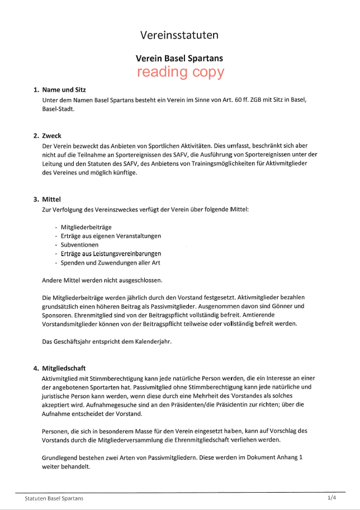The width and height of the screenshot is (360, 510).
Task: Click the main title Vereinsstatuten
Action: [x=179, y=36]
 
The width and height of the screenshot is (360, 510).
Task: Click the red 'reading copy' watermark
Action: [x=180, y=72]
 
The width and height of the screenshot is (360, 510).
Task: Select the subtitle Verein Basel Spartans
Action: [x=179, y=58]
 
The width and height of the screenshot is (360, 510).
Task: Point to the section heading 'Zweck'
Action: [x=52, y=136]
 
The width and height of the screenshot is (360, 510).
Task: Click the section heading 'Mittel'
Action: [x=51, y=199]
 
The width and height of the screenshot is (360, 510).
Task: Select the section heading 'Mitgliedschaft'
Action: [x=64, y=368]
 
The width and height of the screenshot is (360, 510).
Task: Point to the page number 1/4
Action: [x=332, y=497]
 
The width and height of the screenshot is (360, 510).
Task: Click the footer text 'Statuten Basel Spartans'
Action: [x=54, y=498]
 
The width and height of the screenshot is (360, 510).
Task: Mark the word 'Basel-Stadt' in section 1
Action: [x=58, y=109]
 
